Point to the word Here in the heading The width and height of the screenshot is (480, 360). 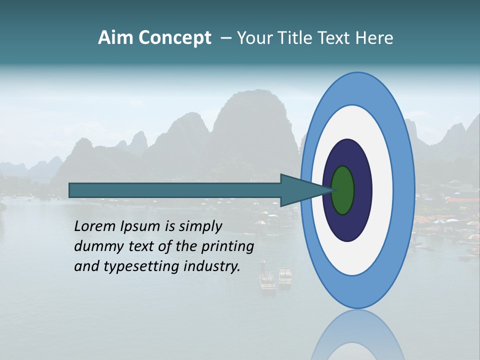[374, 38]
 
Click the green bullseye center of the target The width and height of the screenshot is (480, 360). [342, 190]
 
